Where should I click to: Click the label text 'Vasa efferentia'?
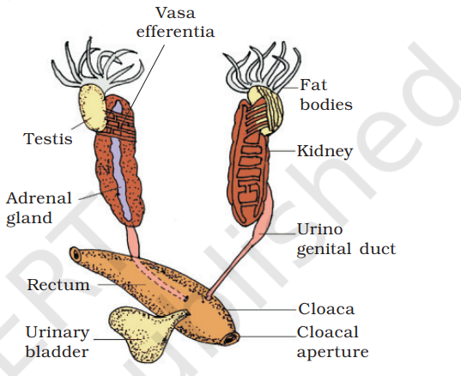click(x=175, y=22)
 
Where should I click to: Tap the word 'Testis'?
click(x=47, y=139)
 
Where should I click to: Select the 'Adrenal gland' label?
click(x=39, y=209)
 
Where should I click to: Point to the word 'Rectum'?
click(x=58, y=284)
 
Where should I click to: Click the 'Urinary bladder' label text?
click(x=58, y=343)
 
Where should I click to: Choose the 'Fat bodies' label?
click(x=325, y=94)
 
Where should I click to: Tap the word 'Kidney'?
click(x=325, y=151)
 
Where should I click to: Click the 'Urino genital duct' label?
click(x=346, y=240)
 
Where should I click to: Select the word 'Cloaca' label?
click(x=326, y=309)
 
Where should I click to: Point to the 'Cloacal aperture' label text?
click(x=332, y=342)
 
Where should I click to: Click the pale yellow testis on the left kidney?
click(x=93, y=107)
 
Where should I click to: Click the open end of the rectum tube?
click(x=76, y=255)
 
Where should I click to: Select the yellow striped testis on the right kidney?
click(x=266, y=109)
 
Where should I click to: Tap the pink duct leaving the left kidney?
click(x=133, y=241)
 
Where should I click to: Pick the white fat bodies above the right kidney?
click(x=262, y=66)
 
